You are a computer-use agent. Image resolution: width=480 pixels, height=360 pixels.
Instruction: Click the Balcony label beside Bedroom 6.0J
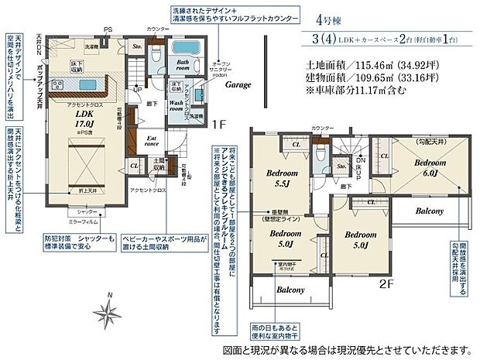coord(427,211)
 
